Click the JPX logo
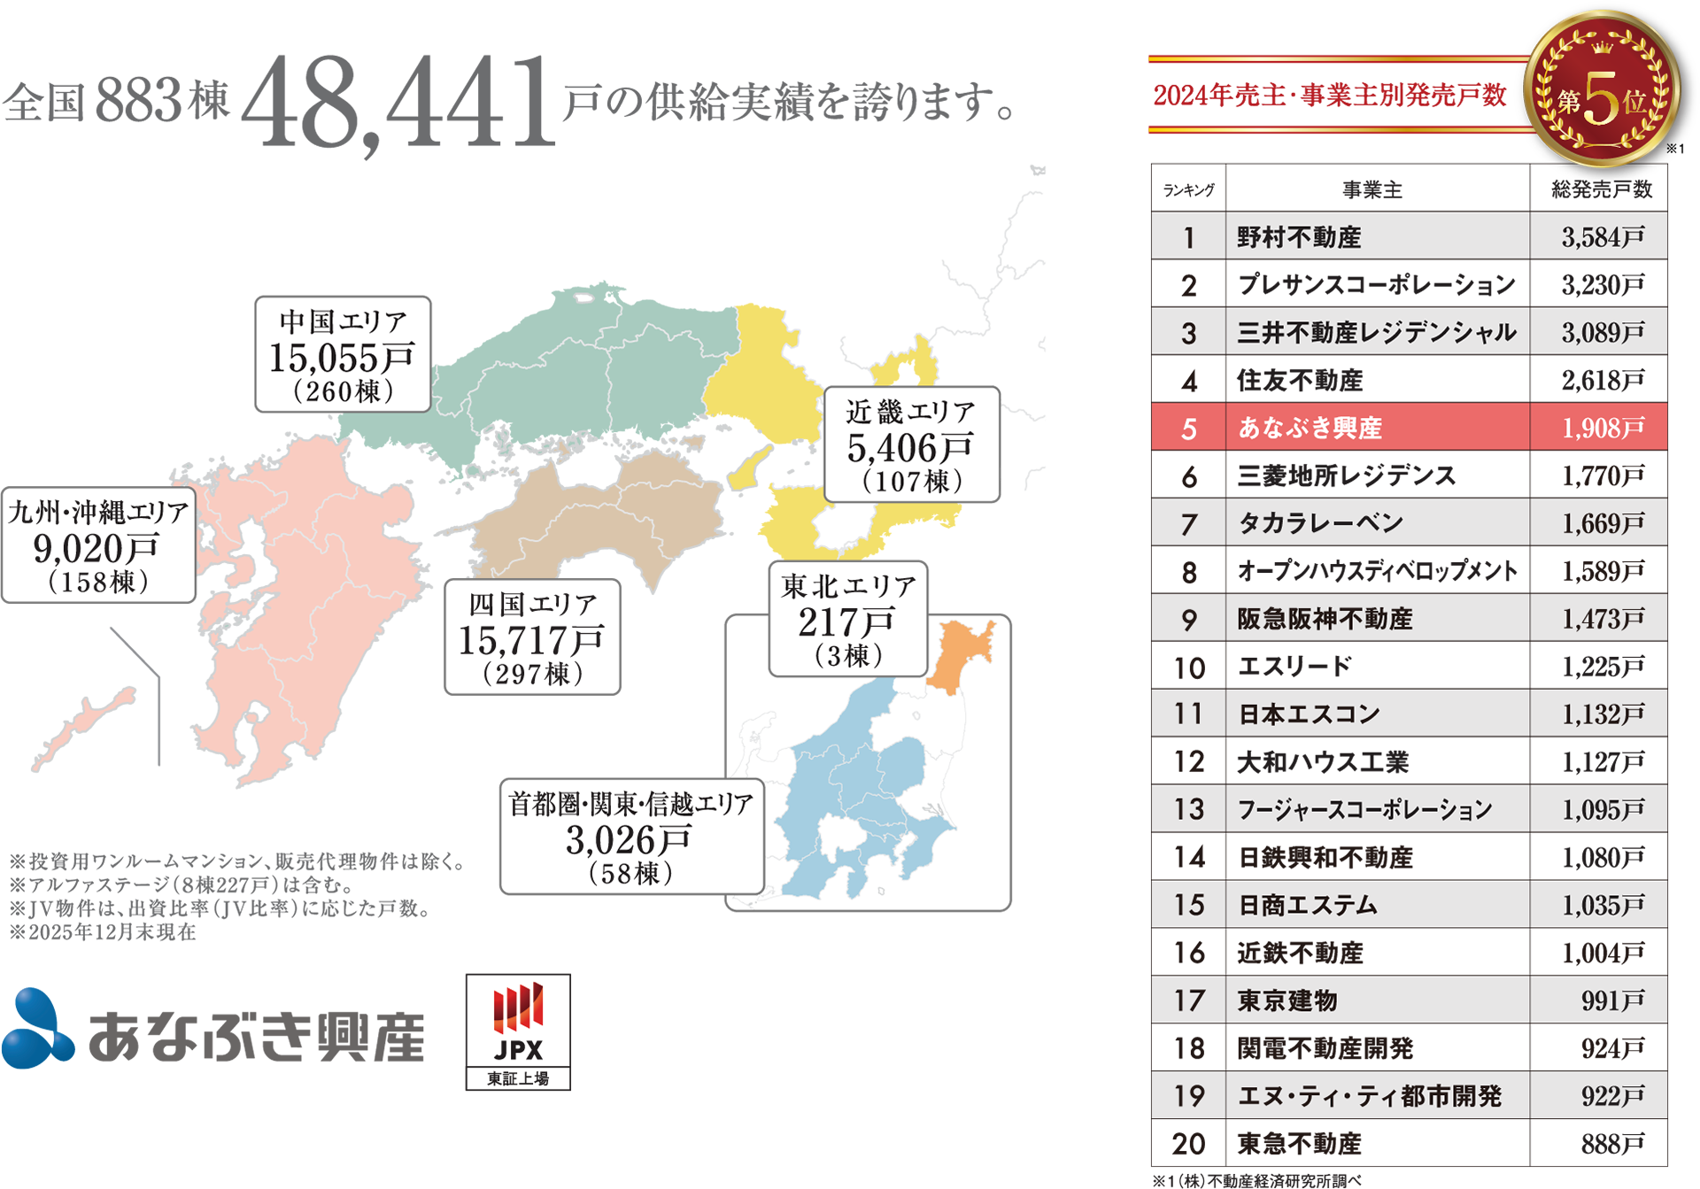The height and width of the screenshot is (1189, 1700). (518, 1031)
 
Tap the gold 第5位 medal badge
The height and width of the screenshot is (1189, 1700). (1601, 89)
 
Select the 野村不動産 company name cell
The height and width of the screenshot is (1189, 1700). (1377, 236)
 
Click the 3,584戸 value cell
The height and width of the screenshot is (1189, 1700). (1598, 236)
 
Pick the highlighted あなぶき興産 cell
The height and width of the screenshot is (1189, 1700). (1377, 428)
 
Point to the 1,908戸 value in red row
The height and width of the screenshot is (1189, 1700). (1598, 428)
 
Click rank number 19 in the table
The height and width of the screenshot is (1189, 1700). (1188, 1096)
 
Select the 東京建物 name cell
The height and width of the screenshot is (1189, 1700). (1377, 1000)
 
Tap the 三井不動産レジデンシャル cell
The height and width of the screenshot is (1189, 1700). (1377, 332)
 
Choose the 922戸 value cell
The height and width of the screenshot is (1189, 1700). (1598, 1096)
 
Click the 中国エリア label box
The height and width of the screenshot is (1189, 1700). (343, 355)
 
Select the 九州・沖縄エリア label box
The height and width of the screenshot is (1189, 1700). (98, 545)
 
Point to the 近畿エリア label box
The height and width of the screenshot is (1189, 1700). (911, 445)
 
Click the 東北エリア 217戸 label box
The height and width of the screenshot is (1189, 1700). (847, 620)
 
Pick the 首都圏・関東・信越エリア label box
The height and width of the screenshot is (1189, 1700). (632, 837)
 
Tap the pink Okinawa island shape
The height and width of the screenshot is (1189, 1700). (84, 725)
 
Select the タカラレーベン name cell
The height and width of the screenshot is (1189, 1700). (1377, 523)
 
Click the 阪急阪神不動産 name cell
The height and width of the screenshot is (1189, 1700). (1377, 619)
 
